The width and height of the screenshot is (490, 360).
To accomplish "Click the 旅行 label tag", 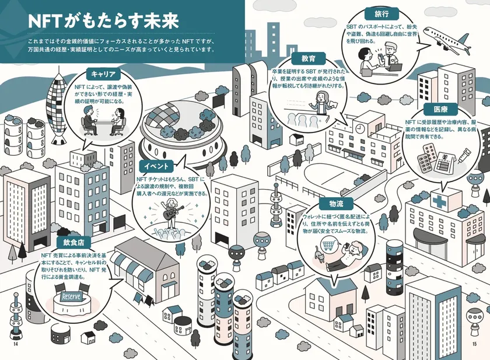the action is (x=381, y=14).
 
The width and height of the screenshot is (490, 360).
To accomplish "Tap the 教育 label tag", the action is (x=308, y=58).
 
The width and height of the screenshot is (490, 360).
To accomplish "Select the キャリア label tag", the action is (x=103, y=74).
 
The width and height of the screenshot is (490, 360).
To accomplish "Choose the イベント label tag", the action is (x=156, y=166).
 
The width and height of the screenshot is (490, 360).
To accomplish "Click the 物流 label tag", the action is (x=336, y=204).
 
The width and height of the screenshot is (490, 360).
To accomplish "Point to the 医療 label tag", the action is (x=440, y=109).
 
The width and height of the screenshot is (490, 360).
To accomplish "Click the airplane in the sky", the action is (x=447, y=40).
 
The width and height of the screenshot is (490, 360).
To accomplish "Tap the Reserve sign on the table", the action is (x=71, y=296).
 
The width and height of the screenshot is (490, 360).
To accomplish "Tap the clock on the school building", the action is (x=360, y=128).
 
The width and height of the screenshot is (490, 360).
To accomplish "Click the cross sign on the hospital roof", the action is (x=439, y=201).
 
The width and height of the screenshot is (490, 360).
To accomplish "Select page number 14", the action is (x=15, y=344).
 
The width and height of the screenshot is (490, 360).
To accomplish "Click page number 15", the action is (x=475, y=344).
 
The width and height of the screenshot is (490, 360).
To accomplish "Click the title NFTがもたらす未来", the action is (x=103, y=21).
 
